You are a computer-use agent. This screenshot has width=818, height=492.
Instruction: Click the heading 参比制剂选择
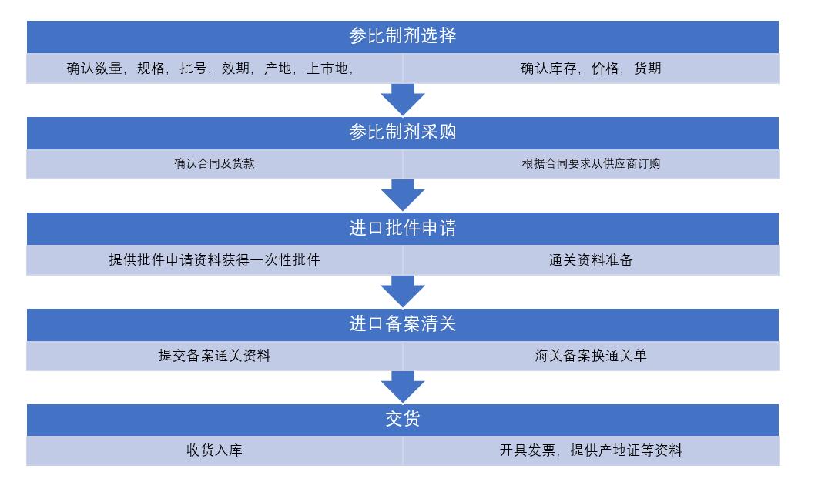click(x=402, y=36)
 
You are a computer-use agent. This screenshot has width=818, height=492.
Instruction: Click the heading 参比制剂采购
click(x=402, y=132)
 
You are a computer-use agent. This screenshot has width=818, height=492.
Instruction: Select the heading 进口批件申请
click(x=402, y=229)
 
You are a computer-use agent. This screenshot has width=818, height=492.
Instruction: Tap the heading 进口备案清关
click(x=402, y=324)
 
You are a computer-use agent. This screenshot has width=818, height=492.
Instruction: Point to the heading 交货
click(x=402, y=420)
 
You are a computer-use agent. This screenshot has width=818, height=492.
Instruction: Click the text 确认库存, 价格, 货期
click(x=590, y=69)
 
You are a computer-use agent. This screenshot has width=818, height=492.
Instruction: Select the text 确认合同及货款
click(x=214, y=164)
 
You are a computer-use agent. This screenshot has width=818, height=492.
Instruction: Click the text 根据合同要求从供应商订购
click(x=591, y=164)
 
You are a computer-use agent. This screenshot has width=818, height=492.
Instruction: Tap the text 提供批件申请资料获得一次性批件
click(x=214, y=260)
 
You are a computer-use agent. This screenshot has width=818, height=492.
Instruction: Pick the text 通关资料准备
click(x=591, y=260)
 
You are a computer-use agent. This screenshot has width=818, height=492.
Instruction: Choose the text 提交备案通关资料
click(x=214, y=356)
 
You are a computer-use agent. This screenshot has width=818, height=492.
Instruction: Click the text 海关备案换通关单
click(x=591, y=356)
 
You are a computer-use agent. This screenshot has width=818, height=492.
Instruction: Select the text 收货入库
click(x=214, y=451)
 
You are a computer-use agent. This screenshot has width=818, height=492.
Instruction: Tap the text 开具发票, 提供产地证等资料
click(x=591, y=451)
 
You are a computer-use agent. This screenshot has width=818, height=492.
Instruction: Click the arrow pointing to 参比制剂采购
click(x=403, y=99)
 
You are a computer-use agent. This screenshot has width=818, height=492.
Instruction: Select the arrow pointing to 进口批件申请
click(x=403, y=196)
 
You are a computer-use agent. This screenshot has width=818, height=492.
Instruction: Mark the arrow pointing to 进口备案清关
click(x=403, y=291)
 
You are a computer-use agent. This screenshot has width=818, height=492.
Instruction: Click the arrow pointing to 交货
click(x=403, y=387)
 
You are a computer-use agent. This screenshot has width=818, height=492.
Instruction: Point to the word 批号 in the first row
click(x=193, y=69)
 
